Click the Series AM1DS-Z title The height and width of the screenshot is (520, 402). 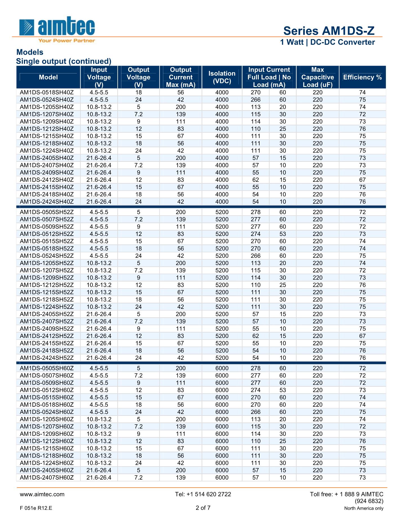[329, 31]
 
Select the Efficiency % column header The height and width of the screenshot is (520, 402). [362, 77]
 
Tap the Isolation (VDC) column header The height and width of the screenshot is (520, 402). [222, 77]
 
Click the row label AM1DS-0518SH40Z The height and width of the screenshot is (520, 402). [47, 93]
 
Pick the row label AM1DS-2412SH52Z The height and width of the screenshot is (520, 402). [47, 336]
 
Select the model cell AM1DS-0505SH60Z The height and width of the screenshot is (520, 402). [47, 368]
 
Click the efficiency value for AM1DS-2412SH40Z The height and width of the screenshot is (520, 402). [362, 180]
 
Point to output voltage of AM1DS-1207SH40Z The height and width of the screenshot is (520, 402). [139, 114]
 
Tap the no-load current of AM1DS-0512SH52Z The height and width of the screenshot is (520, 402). [283, 234]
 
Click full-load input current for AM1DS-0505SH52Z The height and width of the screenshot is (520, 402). [256, 212]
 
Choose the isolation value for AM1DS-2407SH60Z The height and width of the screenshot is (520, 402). [222, 478]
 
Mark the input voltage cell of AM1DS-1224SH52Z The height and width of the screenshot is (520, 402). [99, 307]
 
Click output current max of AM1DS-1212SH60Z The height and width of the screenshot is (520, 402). [180, 441]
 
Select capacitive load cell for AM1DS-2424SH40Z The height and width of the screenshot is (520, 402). [318, 202]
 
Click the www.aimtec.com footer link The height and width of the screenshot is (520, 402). [42, 494]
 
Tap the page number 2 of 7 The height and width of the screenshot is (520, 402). [203, 508]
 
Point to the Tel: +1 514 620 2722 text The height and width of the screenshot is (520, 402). [203, 494]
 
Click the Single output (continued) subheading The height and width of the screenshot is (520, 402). [64, 61]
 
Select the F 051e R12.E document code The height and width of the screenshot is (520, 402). [36, 508]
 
